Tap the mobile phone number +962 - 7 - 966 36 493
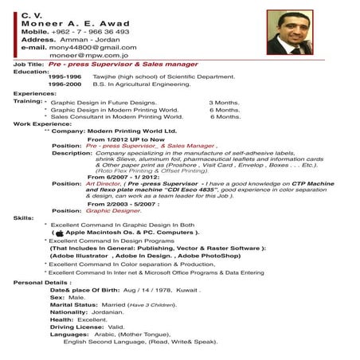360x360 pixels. pos(96,32)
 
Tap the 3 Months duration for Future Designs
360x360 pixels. pos(224,103)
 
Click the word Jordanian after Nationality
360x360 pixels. pos(107,312)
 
